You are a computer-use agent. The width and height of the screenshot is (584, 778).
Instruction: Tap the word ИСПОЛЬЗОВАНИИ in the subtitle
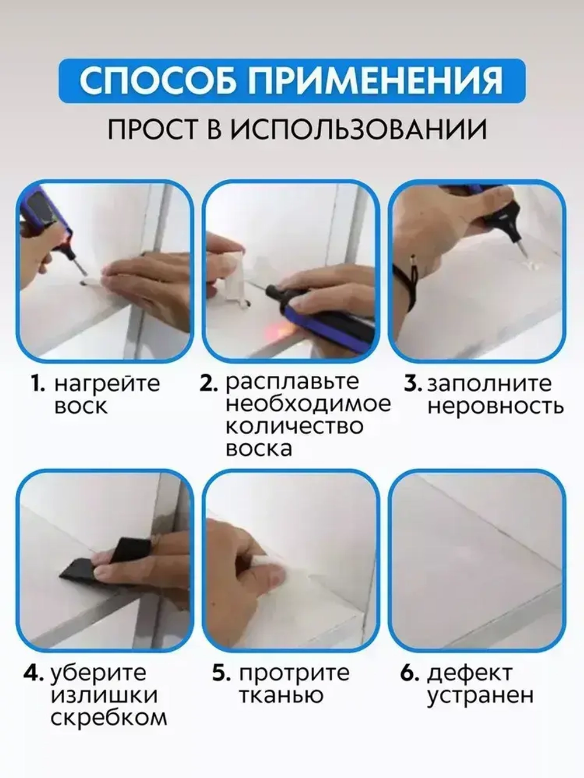[x=357, y=130]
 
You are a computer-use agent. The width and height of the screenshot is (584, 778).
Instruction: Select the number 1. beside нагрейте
[x=38, y=384]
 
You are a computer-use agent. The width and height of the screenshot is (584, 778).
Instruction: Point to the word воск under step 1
[x=81, y=406]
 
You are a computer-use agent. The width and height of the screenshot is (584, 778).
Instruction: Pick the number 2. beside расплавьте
[x=209, y=383]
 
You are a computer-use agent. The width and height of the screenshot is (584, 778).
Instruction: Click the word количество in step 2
[x=294, y=426]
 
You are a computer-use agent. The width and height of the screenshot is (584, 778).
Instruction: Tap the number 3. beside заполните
[x=413, y=384]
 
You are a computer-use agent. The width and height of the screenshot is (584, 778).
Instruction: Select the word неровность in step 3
[x=495, y=406]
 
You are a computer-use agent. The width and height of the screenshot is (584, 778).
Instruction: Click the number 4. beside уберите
[x=34, y=673]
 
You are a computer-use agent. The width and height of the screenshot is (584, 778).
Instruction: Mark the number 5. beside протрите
[x=222, y=673]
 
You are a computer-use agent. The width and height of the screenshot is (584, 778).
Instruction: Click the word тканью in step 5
[x=281, y=696]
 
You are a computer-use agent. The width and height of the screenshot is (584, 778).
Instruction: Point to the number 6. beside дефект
[x=410, y=673]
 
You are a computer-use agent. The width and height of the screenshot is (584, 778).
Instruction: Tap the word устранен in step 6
[x=480, y=696]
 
